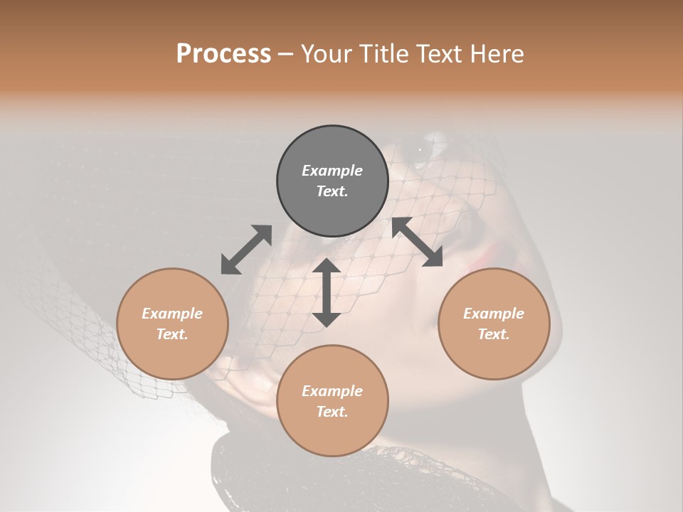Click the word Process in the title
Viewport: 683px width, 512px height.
click(223, 54)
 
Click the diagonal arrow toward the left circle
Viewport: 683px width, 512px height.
click(246, 250)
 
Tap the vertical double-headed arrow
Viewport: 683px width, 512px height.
click(327, 292)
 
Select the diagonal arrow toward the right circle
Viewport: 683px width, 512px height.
click(417, 242)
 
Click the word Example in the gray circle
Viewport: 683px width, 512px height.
click(332, 171)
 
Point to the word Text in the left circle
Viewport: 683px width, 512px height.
click(172, 334)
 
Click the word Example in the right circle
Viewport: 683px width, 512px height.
click(494, 314)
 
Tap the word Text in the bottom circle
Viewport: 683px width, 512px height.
click(332, 412)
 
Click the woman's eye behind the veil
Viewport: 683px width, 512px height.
click(421, 150)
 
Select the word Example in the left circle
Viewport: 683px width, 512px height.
click(172, 314)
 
